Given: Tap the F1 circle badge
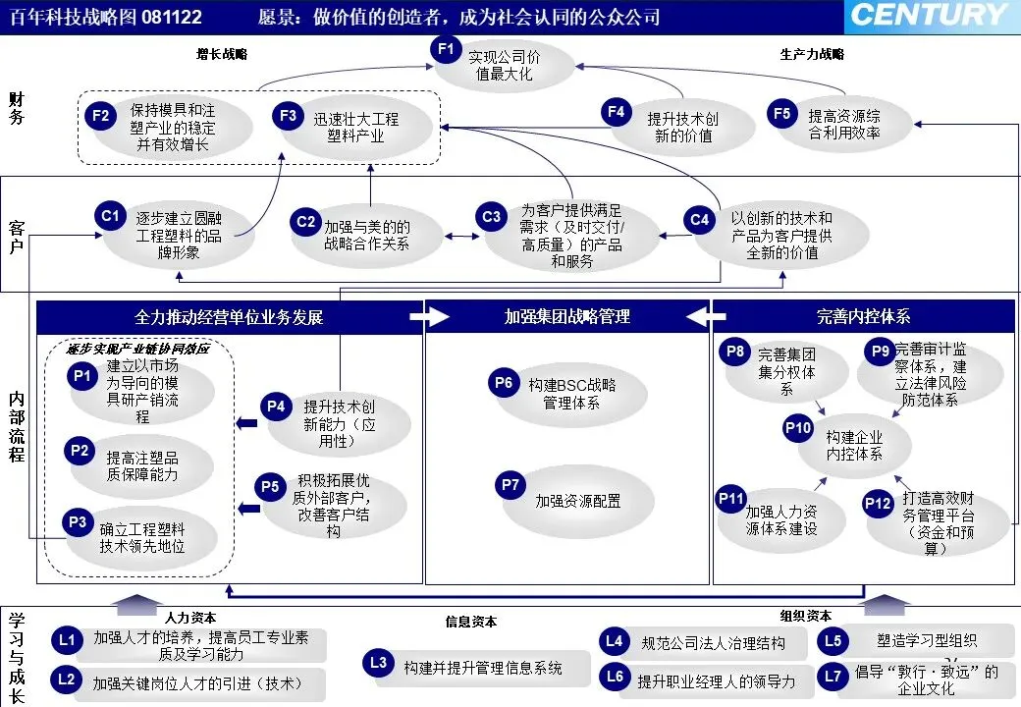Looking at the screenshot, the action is click(x=447, y=48).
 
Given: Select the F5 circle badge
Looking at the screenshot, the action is click(x=781, y=115).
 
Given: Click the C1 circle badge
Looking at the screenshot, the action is click(x=109, y=215).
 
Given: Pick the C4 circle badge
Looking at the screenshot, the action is click(x=699, y=220).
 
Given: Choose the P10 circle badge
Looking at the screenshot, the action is click(x=798, y=428).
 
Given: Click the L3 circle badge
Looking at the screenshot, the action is click(x=379, y=663).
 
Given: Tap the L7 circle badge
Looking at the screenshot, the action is click(x=833, y=676).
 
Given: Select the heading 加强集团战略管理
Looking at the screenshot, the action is click(x=567, y=317).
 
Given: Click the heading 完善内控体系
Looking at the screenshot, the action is click(x=863, y=317).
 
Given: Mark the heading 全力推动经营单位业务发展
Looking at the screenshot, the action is click(x=229, y=317).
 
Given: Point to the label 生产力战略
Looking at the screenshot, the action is click(x=812, y=54).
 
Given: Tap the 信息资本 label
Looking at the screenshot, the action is click(x=471, y=622).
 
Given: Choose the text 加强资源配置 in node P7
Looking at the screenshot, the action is click(x=577, y=501).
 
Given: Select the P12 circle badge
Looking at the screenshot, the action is click(x=877, y=503).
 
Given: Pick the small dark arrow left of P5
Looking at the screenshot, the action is click(x=248, y=508).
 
